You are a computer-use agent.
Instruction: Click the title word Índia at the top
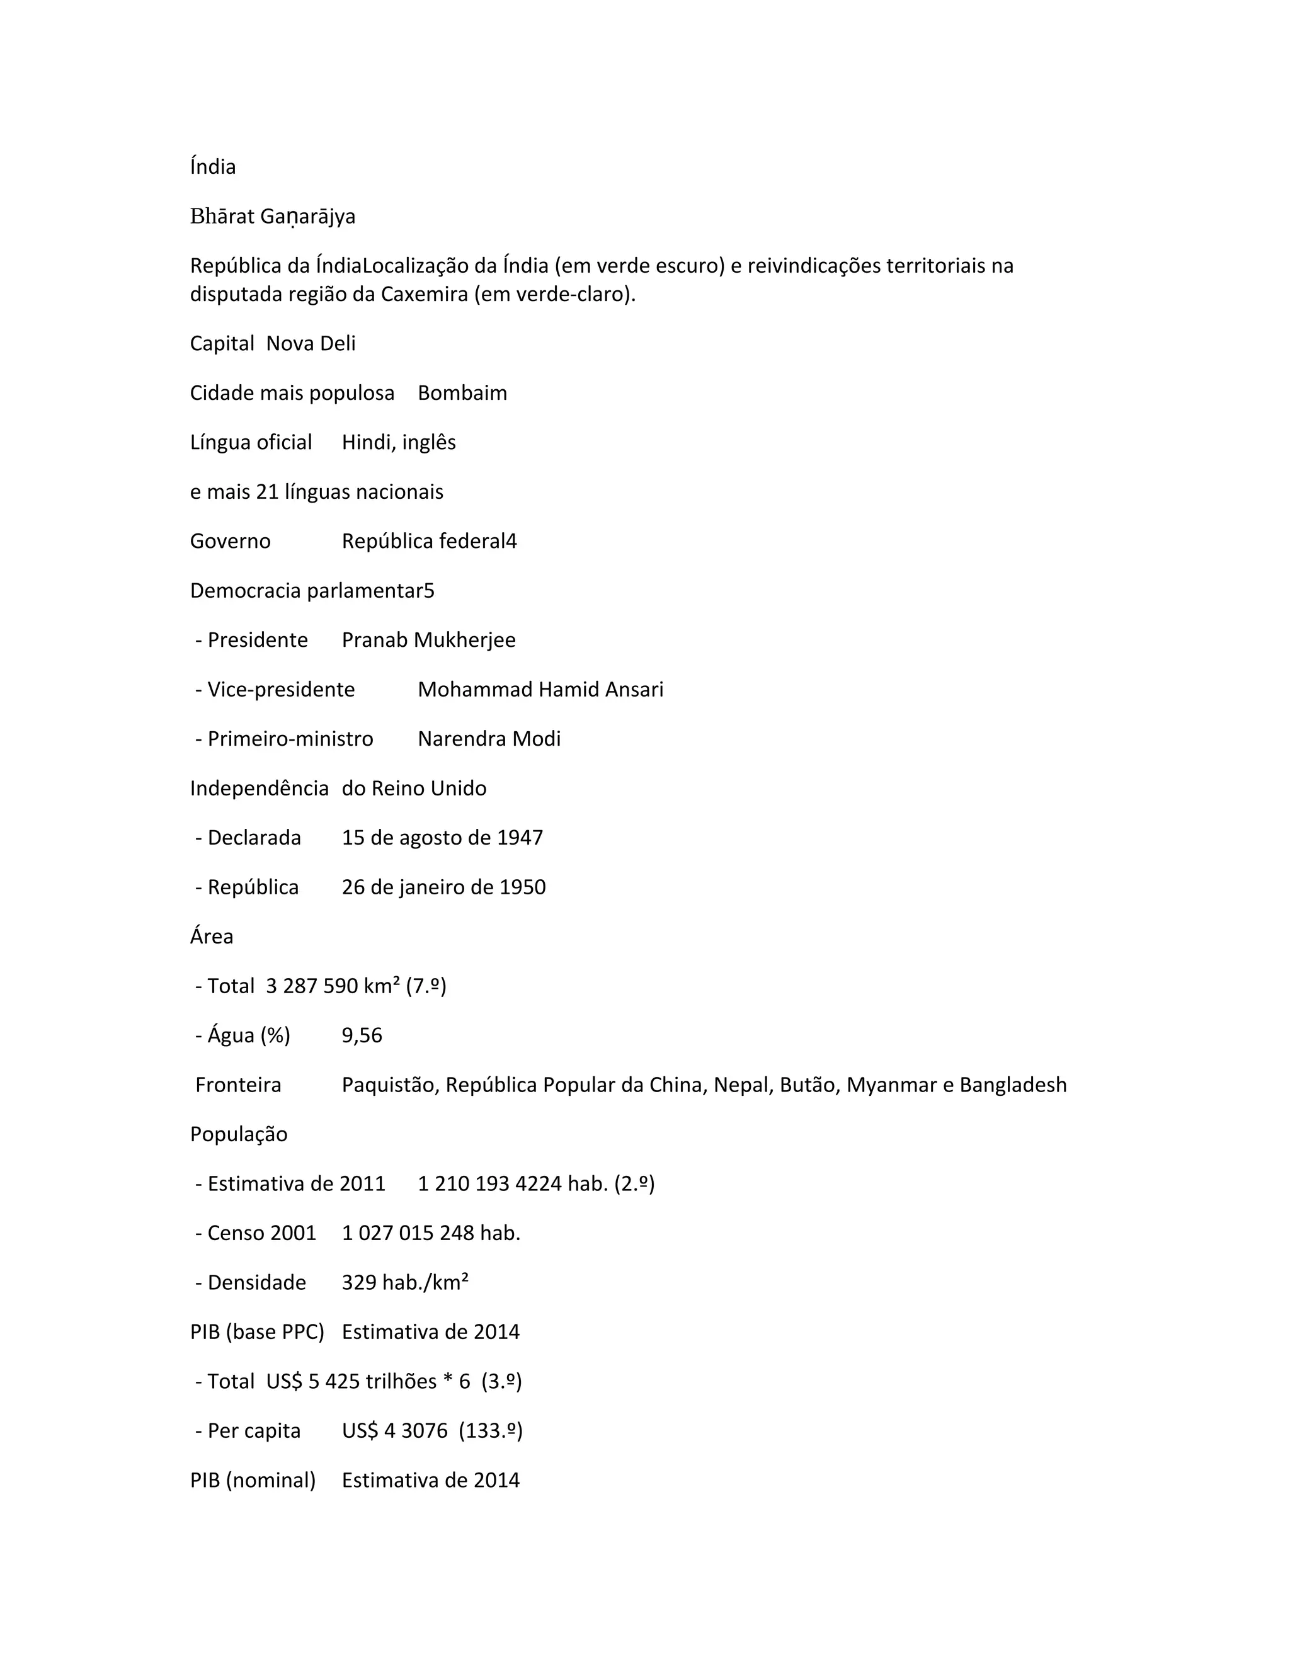tap(212, 167)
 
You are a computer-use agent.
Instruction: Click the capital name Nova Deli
tap(311, 343)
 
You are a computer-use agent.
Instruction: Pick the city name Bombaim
tap(462, 393)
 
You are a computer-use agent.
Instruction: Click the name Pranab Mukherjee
tap(429, 640)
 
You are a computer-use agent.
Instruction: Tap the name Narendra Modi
tap(489, 739)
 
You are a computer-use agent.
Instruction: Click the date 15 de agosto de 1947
tap(442, 838)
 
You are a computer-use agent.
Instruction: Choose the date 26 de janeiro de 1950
tap(443, 887)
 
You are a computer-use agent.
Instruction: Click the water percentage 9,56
tap(362, 1035)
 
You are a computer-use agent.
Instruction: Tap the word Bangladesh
tap(1013, 1085)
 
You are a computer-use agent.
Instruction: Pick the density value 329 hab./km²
tap(405, 1282)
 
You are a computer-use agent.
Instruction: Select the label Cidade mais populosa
tap(292, 393)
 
